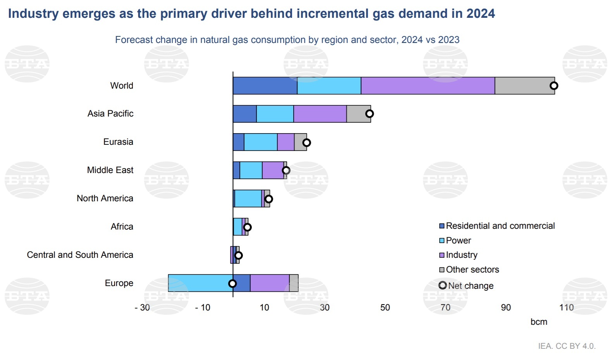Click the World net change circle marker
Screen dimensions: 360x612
coord(554,86)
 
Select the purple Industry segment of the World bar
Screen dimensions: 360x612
coord(428,86)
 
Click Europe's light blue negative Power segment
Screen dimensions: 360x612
coord(200,283)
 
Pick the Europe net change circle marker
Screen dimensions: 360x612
coord(232,283)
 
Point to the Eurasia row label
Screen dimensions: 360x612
coord(118,142)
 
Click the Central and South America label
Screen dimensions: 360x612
coord(80,255)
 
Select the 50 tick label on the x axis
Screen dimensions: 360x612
coord(385,307)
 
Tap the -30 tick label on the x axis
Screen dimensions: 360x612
coord(142,307)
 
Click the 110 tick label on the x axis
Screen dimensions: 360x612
coord(566,307)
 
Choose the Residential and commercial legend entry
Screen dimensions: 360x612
coord(500,226)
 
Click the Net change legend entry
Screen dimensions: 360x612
coord(470,286)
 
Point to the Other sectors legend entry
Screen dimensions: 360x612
coord(472,269)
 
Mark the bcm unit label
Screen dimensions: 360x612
coord(539,322)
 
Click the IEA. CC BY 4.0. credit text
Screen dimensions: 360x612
coord(567,346)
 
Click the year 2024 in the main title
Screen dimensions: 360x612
coord(480,14)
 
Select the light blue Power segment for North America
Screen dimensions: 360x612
coord(248,199)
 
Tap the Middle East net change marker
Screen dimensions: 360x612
coord(286,170)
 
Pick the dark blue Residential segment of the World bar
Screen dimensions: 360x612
coord(265,86)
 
